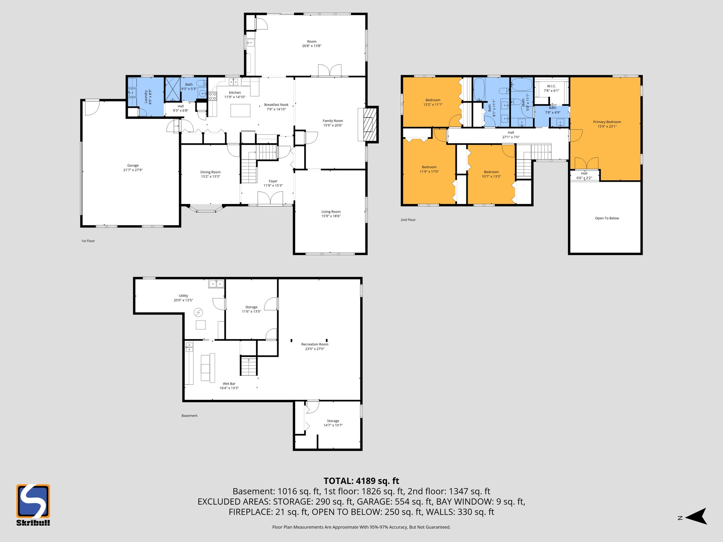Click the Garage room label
pos(133,165)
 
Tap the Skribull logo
pos(33,505)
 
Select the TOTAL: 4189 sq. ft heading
pos(361,481)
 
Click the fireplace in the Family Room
pos(369,125)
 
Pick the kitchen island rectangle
pos(240,110)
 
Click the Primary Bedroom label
pos(607,122)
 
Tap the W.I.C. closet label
pos(551,86)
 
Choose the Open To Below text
pos(607,218)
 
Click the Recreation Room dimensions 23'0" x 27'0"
pos(315,349)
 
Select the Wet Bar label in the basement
pos(229,384)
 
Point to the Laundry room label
pos(146,96)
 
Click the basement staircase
pos(249,366)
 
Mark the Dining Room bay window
pos(206,210)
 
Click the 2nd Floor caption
pos(408,220)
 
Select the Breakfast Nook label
pos(276,105)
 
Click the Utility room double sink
pos(216,284)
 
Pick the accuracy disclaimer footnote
pos(361,527)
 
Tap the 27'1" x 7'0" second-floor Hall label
pos(511,137)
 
